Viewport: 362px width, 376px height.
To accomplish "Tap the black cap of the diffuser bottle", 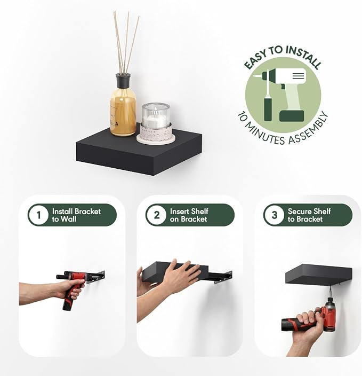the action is tap(123, 81).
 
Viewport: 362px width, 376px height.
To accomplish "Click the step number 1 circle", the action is tap(38, 215).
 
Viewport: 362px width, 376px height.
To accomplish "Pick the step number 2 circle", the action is tap(156, 215).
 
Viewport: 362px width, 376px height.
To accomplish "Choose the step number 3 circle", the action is tap(274, 215).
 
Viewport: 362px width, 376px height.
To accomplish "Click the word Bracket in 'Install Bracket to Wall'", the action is tap(87, 211).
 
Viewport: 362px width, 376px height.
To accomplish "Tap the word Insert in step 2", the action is tap(178, 211).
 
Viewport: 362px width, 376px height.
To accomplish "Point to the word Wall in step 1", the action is tap(68, 219).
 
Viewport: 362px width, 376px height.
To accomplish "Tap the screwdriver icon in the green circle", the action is tap(268, 96).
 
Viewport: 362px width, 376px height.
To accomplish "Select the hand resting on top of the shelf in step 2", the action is tap(181, 275).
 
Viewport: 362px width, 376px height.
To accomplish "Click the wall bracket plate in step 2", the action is tap(223, 278).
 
